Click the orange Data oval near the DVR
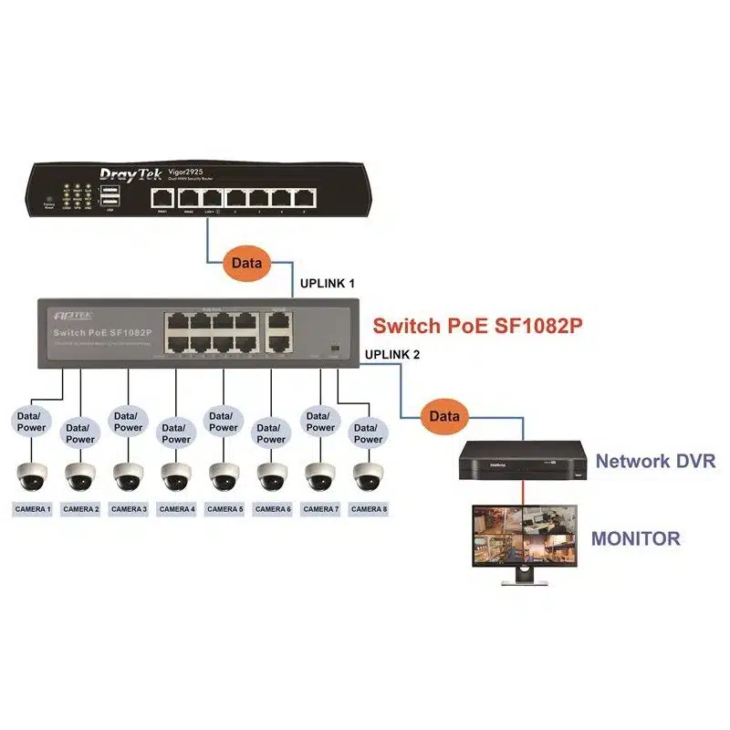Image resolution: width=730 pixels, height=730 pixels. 445,415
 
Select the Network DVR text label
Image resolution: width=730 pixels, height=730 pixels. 655,461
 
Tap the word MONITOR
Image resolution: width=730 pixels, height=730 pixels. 635,538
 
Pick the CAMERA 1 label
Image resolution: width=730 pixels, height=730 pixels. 32,509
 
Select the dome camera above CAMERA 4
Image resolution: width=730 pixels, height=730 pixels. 176,476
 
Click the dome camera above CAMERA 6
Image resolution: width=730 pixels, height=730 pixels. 272,476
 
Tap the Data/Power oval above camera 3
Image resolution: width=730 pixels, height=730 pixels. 128,421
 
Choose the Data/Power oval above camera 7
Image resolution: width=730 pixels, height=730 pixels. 320,421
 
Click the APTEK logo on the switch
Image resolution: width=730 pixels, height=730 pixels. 68,313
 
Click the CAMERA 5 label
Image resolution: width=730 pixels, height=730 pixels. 224,509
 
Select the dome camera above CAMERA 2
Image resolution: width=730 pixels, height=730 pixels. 79,476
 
